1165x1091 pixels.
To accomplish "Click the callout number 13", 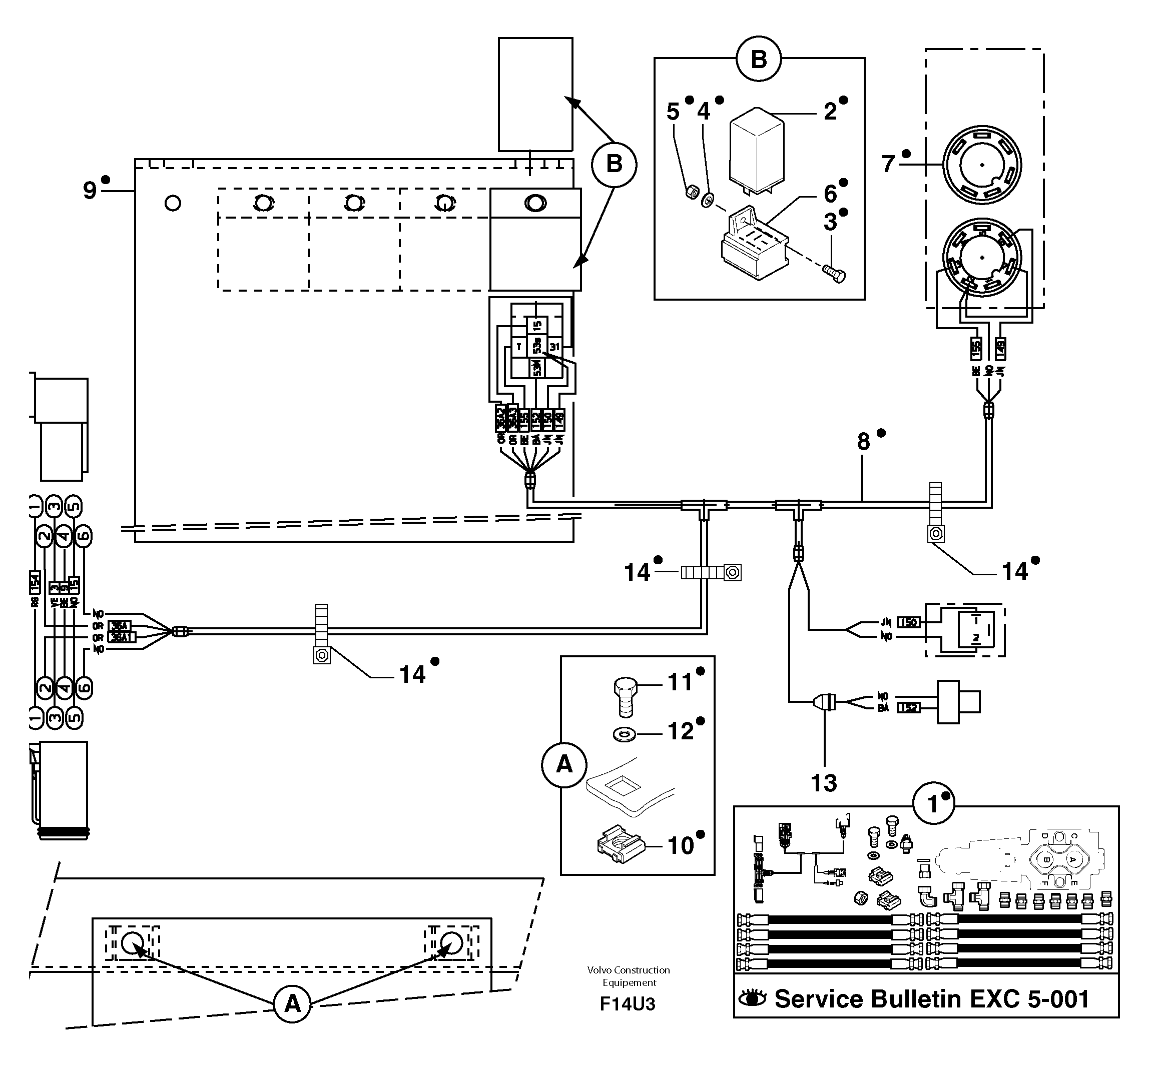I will [x=823, y=783].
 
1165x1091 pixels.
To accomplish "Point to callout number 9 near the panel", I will [x=89, y=191].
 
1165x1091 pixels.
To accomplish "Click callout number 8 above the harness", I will [x=863, y=442].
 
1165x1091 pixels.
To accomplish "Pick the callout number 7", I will [x=888, y=165].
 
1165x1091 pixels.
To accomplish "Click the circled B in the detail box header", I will [x=758, y=59].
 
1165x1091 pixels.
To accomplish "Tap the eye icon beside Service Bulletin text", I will [x=753, y=998].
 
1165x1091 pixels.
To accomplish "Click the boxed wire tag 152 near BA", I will [x=908, y=708].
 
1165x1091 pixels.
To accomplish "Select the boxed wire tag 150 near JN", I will [x=908, y=622].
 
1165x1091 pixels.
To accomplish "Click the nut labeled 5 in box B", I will [x=692, y=192].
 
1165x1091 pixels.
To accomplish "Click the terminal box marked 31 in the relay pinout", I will [x=554, y=347].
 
